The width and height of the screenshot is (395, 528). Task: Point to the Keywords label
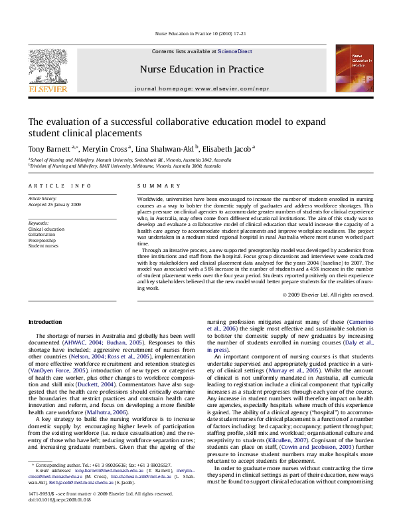39,223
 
